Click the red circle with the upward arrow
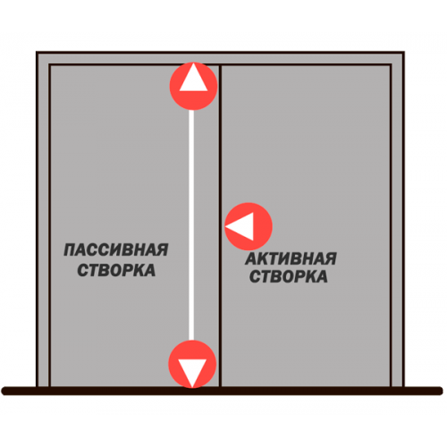click(193, 86)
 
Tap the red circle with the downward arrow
click(192, 364)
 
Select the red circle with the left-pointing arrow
click(249, 226)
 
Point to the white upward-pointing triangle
click(193, 78)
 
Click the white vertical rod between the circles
click(191, 225)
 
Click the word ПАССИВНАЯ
click(116, 249)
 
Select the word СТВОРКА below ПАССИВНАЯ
click(116, 270)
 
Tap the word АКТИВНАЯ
click(291, 258)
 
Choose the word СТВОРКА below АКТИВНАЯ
click(289, 276)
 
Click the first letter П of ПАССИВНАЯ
click(71, 249)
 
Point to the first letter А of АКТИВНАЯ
click(251, 258)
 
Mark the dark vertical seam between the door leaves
click(220, 225)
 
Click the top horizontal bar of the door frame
click(220, 58)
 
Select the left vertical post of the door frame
click(43, 219)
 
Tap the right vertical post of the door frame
click(397, 219)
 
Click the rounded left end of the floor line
click(5, 391)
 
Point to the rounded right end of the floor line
click(439, 391)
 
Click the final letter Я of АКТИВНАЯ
click(330, 258)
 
